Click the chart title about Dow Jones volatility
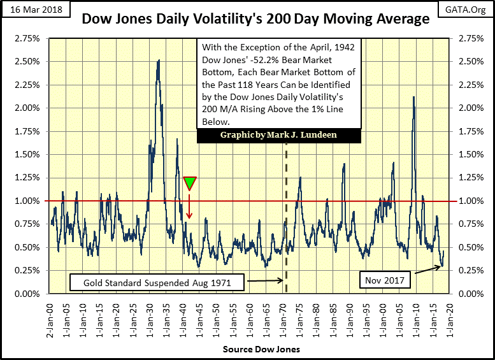255,20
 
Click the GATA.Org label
468,9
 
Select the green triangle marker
189,183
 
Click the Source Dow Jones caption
252,350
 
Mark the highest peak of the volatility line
158,60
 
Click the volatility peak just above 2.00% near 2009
414,97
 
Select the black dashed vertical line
285,210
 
